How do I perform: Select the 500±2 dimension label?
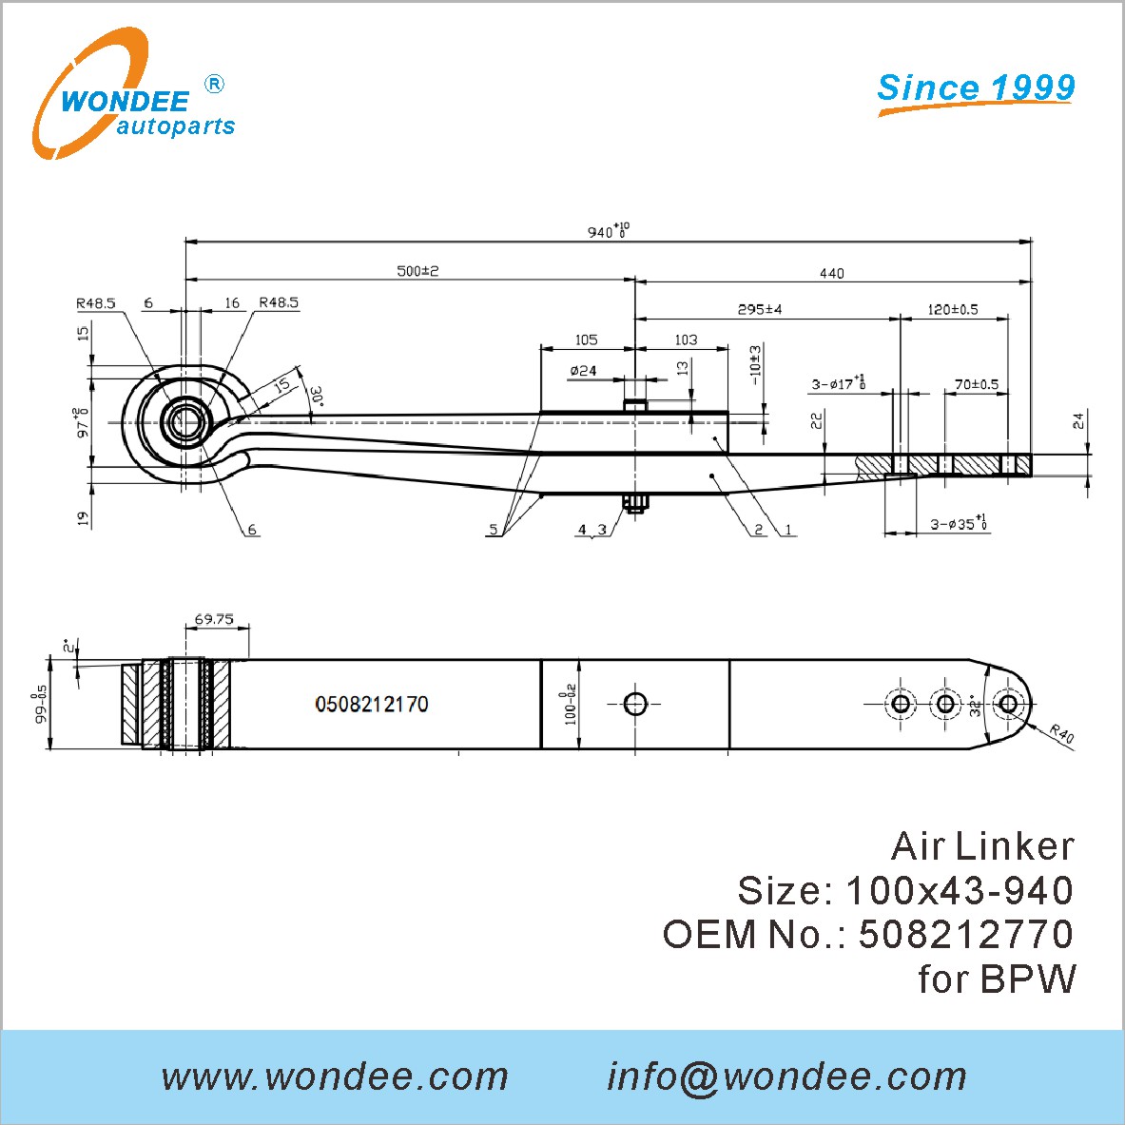pos(417,271)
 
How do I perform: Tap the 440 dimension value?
pos(831,273)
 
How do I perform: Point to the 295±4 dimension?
pos(760,309)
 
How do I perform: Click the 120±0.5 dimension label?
pos(953,309)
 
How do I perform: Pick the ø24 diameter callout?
pos(583,370)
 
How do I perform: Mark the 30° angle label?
pos(317,396)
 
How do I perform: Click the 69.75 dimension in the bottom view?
pos(214,619)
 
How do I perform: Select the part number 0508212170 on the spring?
pos(372,704)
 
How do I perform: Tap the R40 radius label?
pos(1061,734)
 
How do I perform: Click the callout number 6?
pos(252,531)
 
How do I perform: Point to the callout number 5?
pos(493,530)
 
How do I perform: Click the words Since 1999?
pos(976,87)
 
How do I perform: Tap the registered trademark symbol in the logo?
pos(214,84)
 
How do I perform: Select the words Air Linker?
pos(982,846)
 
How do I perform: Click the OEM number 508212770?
pos(966,934)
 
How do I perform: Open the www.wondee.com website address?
pos(335,1077)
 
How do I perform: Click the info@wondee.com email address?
pos(787,1077)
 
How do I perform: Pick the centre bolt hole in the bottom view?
pos(635,705)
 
